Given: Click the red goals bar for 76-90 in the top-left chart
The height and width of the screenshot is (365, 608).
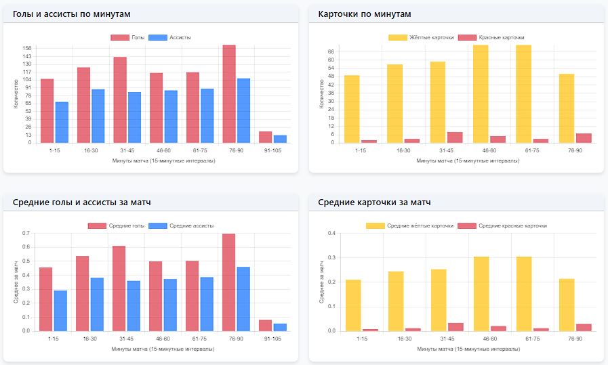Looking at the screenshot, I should click(x=229, y=94).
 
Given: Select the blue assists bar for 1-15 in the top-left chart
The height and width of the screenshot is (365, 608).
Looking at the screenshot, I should click(x=62, y=123).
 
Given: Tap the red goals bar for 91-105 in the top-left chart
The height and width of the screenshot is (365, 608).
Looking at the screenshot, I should click(x=265, y=137).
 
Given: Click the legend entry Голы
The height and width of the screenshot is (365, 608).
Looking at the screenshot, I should click(x=128, y=37).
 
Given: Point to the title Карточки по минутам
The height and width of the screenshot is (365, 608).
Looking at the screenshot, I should click(x=365, y=14).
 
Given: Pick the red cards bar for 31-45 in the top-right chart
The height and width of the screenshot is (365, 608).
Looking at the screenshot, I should click(x=455, y=137).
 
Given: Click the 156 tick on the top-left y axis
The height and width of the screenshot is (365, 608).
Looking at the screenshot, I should click(x=27, y=48).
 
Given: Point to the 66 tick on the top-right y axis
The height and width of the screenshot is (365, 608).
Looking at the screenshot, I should click(x=332, y=51).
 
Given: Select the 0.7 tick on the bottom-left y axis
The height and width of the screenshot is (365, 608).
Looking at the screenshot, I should click(x=26, y=234).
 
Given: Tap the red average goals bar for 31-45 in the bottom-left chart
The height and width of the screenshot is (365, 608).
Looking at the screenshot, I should click(x=119, y=288).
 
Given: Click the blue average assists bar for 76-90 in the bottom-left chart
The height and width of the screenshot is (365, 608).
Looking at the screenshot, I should click(x=243, y=299).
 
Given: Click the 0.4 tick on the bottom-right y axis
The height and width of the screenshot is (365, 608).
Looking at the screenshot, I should click(x=332, y=234).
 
